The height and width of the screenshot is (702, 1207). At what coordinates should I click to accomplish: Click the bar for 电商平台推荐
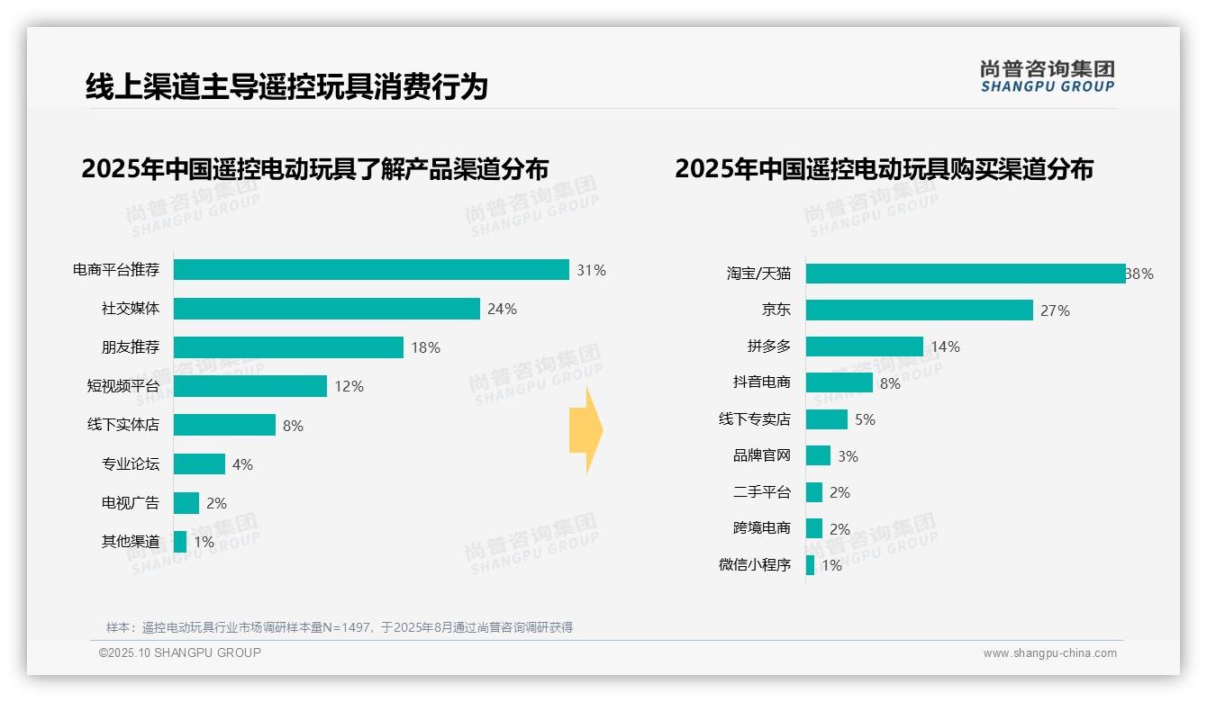tap(371, 270)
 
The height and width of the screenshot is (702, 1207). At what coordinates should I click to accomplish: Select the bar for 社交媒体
tap(326, 309)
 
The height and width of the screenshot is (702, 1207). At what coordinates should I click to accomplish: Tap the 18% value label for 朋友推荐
tap(425, 347)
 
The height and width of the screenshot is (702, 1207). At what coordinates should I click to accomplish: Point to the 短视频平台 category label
tap(123, 386)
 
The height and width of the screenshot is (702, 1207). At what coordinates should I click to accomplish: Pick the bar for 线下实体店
tap(224, 425)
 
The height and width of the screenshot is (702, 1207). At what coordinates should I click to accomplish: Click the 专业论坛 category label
tap(130, 464)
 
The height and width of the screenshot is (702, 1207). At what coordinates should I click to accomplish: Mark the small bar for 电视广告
tap(186, 503)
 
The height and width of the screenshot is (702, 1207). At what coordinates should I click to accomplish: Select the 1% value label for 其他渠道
tap(204, 542)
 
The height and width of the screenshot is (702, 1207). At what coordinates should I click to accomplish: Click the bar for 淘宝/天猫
tap(965, 274)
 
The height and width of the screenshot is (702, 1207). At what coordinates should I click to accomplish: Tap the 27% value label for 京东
tap(1055, 310)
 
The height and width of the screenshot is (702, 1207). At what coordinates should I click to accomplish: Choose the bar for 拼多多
tap(864, 346)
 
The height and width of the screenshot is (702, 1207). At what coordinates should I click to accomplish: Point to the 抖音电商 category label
tap(761, 382)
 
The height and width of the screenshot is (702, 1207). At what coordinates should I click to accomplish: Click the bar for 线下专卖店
tap(826, 419)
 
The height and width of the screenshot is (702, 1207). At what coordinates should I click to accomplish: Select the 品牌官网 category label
tap(761, 456)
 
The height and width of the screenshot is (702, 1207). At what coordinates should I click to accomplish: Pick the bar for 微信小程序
tap(810, 565)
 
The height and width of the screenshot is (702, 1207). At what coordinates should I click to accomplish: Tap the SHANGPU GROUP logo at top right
tap(1047, 76)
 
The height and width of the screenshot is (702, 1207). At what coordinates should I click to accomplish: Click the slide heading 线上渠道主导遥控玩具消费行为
tap(286, 86)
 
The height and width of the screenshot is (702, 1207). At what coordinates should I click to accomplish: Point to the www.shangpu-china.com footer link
tap(1049, 653)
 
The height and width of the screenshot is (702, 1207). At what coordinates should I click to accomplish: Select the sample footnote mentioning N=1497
tap(340, 627)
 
